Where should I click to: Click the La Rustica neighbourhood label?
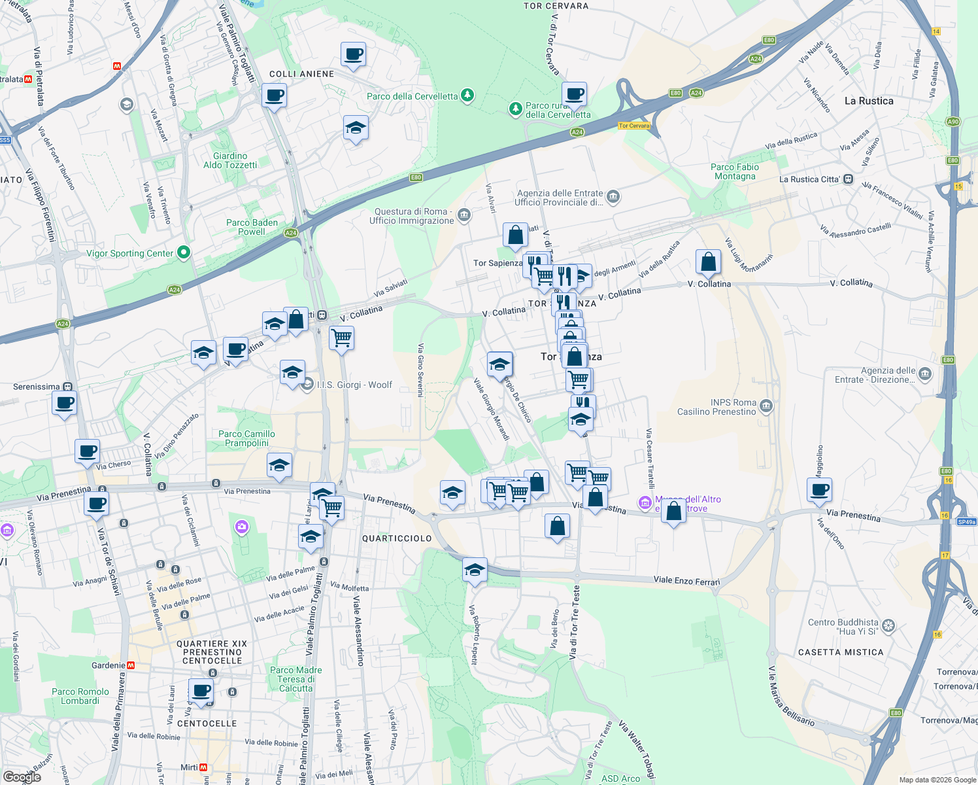(868, 101)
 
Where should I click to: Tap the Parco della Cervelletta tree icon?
(467, 96)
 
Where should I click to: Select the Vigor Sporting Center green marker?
(184, 252)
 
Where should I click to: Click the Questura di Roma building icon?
(464, 215)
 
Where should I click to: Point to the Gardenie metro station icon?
(131, 665)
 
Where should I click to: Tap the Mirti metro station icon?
(203, 767)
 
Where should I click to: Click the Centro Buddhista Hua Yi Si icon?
(888, 626)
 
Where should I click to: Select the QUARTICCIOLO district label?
(397, 538)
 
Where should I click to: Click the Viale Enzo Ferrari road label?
(686, 581)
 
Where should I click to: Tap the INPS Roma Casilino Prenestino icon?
(766, 407)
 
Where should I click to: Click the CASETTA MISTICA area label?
(841, 652)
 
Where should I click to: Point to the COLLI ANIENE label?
(301, 74)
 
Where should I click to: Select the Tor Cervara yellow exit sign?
(634, 126)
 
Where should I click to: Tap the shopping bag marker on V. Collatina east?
(708, 263)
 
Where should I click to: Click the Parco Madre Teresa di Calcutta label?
(296, 679)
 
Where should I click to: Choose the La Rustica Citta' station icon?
(848, 179)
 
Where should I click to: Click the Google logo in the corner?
(22, 776)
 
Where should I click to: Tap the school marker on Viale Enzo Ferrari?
(475, 570)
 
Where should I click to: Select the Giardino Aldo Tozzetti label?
(230, 160)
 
